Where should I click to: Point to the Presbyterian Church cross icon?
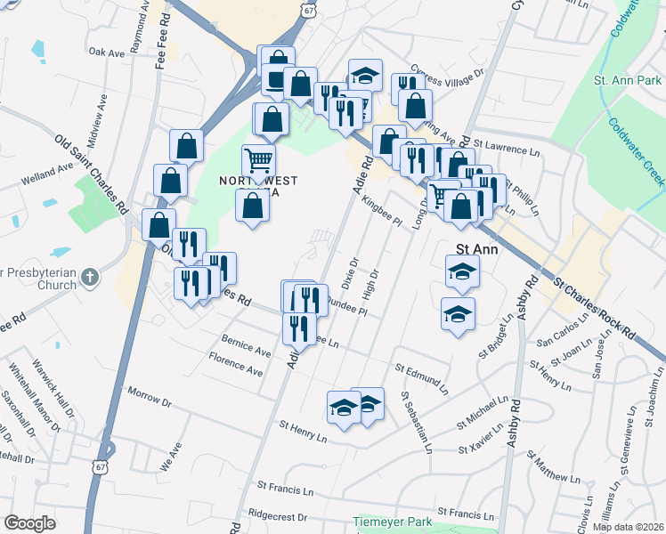click(88, 278)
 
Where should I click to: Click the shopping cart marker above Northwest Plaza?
click(258, 161)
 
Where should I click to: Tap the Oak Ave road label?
click(107, 53)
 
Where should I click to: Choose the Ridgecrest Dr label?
click(278, 515)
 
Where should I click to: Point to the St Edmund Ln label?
click(421, 373)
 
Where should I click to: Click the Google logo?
click(29, 523)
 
